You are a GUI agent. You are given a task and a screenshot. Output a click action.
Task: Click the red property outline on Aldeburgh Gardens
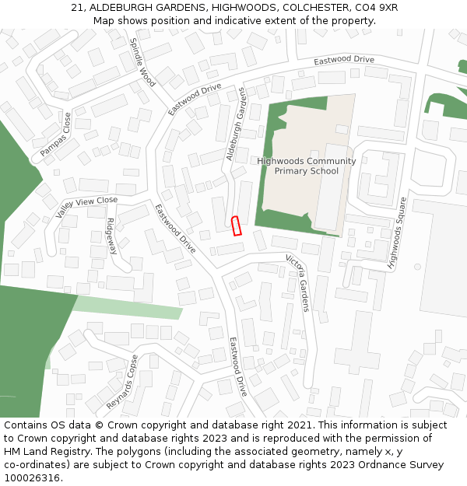click(237, 226)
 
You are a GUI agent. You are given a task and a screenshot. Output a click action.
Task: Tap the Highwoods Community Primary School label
click(306, 166)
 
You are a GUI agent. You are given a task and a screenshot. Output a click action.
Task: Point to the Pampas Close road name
click(55, 135)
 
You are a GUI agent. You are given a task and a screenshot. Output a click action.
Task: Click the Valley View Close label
click(86, 206)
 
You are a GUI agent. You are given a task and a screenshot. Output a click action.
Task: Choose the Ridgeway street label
click(112, 236)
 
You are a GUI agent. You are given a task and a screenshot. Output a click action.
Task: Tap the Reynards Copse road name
click(123, 383)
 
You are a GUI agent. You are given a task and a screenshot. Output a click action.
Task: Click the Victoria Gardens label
click(298, 282)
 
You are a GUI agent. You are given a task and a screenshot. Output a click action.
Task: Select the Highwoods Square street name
click(398, 233)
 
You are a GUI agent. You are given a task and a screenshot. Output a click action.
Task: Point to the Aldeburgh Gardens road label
click(236, 124)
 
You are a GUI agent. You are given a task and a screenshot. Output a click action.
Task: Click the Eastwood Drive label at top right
click(344, 60)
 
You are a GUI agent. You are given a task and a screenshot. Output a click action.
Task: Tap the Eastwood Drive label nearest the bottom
click(238, 366)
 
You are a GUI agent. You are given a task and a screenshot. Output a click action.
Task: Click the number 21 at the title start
click(77, 7)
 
